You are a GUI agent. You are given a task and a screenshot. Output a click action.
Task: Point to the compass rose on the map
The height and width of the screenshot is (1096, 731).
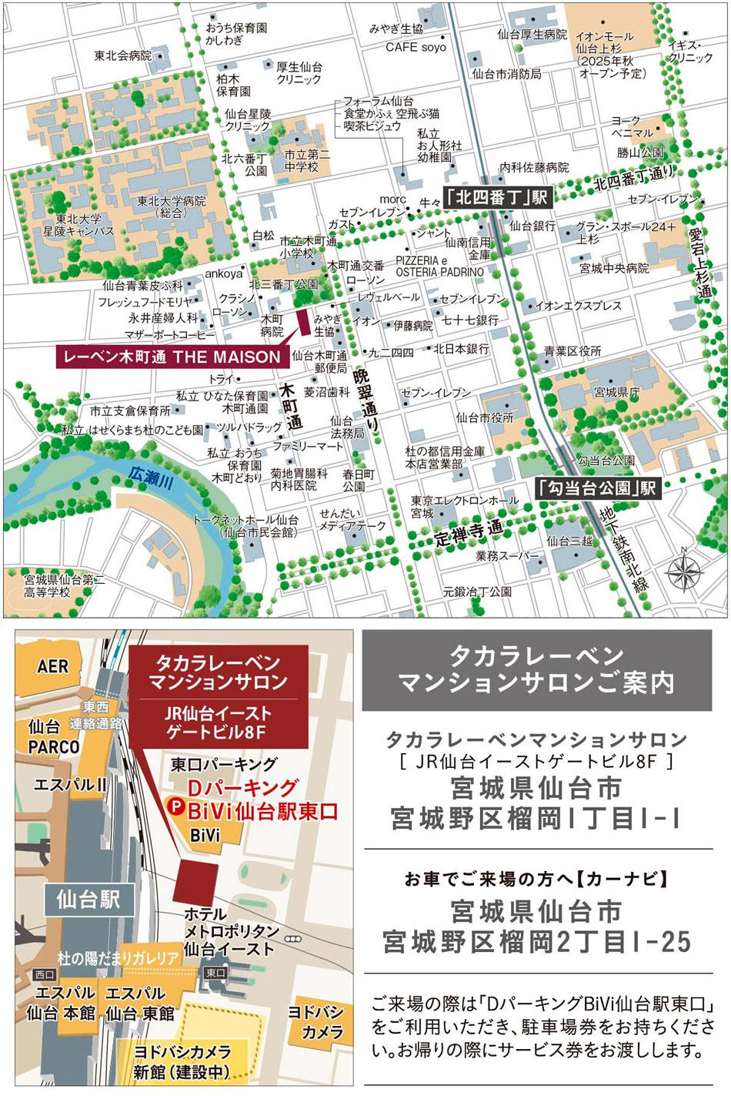click(683, 572)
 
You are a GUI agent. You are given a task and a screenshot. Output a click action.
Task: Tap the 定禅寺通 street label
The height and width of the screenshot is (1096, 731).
click(467, 530)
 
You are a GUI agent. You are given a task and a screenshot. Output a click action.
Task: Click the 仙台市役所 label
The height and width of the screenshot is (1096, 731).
click(484, 417)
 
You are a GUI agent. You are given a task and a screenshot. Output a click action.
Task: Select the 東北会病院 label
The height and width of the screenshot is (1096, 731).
click(122, 55)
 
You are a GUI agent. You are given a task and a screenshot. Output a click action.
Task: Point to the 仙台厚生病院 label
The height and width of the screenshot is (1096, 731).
click(532, 35)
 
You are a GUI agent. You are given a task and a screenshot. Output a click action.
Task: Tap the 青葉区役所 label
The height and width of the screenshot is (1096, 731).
click(572, 350)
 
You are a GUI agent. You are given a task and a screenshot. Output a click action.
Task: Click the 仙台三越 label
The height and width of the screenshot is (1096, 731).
click(569, 541)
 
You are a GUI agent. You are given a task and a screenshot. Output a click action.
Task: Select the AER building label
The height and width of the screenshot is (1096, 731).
click(52, 665)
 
